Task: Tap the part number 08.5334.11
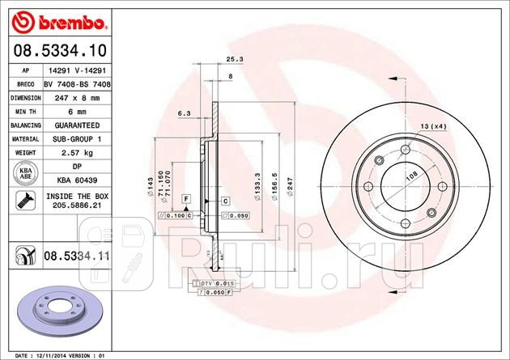(x=77, y=256)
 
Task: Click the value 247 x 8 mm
(x=79, y=97)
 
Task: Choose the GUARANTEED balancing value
(x=79, y=125)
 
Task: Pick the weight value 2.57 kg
(x=79, y=153)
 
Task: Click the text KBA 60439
(x=79, y=179)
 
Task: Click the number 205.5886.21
(x=79, y=206)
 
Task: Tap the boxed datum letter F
(x=186, y=198)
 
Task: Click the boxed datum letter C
(x=225, y=200)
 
